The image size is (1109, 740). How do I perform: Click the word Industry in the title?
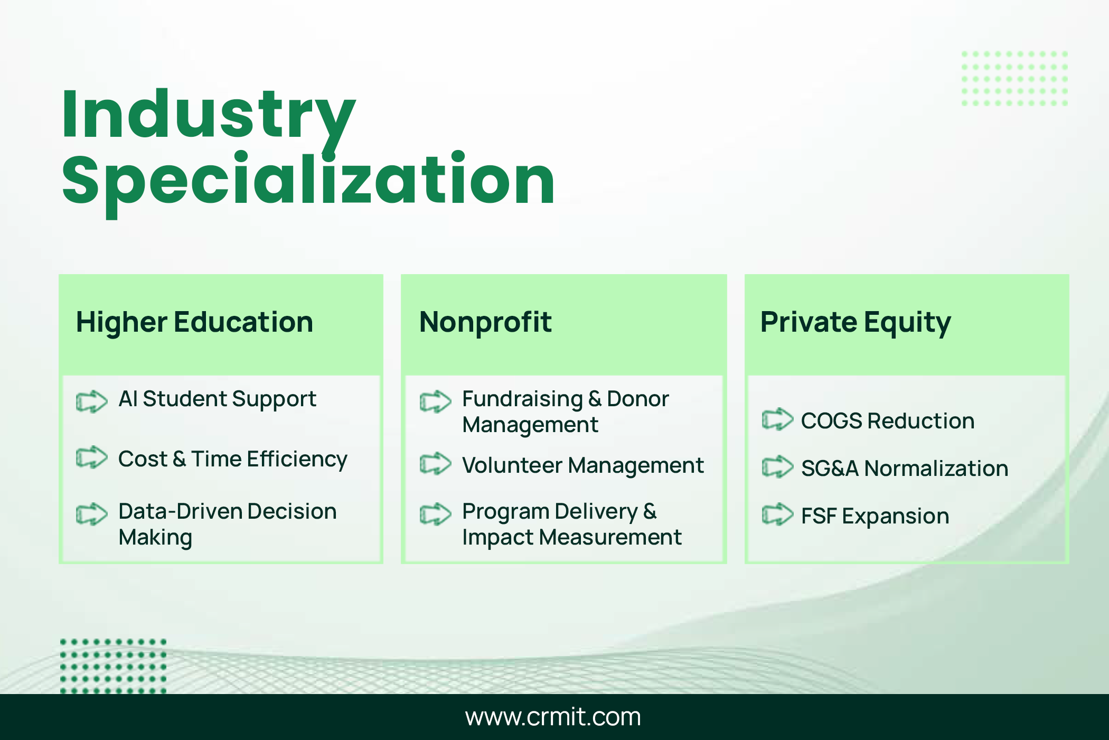coord(209,119)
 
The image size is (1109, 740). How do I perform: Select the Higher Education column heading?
coord(194,322)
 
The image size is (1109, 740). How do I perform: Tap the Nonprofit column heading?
coord(485,322)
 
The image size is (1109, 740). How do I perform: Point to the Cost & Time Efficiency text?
coord(233,460)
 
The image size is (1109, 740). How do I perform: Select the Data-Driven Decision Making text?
coord(227,524)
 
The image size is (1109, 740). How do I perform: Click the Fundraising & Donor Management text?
coord(566,412)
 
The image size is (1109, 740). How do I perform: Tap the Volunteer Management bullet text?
coord(583,466)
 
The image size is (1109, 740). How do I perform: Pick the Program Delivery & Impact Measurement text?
coord(572,524)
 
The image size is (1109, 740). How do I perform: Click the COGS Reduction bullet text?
coord(888,421)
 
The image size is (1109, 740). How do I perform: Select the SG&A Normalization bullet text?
coord(905,469)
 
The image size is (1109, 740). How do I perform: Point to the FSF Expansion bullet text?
coord(875,517)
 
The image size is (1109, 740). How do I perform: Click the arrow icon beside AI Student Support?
coord(92,401)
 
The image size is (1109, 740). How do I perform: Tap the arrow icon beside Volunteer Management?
coord(436,464)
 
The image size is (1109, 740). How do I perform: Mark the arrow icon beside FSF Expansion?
coord(778,514)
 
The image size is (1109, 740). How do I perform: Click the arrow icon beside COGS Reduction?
coord(778,419)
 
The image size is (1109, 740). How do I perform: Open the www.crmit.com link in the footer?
coord(553,717)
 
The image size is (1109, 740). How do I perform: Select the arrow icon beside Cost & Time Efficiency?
coord(92,457)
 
